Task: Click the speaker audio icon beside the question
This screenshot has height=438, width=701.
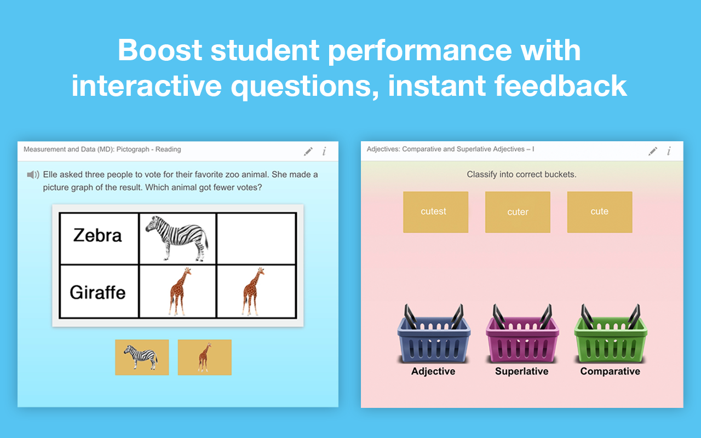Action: (33, 175)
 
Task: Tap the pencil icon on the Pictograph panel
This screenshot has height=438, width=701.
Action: (308, 151)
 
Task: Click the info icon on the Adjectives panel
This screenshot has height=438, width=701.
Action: (669, 151)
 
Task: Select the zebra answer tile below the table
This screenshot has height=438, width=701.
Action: (142, 357)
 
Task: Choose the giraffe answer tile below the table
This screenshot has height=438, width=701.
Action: (205, 357)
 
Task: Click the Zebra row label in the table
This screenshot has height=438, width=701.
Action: (98, 235)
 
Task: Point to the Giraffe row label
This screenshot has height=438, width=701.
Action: (98, 292)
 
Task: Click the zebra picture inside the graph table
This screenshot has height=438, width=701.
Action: (177, 238)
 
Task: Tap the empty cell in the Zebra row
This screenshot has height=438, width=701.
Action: (256, 238)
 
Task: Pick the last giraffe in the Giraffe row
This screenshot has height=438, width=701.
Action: (254, 291)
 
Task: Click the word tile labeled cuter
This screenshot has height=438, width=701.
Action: (518, 212)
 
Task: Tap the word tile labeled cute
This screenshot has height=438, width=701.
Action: (599, 212)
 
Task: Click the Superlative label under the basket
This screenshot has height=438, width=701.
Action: (521, 371)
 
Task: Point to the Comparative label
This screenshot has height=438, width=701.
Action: (610, 371)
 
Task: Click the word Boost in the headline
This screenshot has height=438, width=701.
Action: (160, 50)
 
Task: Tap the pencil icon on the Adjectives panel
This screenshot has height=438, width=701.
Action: (653, 151)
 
